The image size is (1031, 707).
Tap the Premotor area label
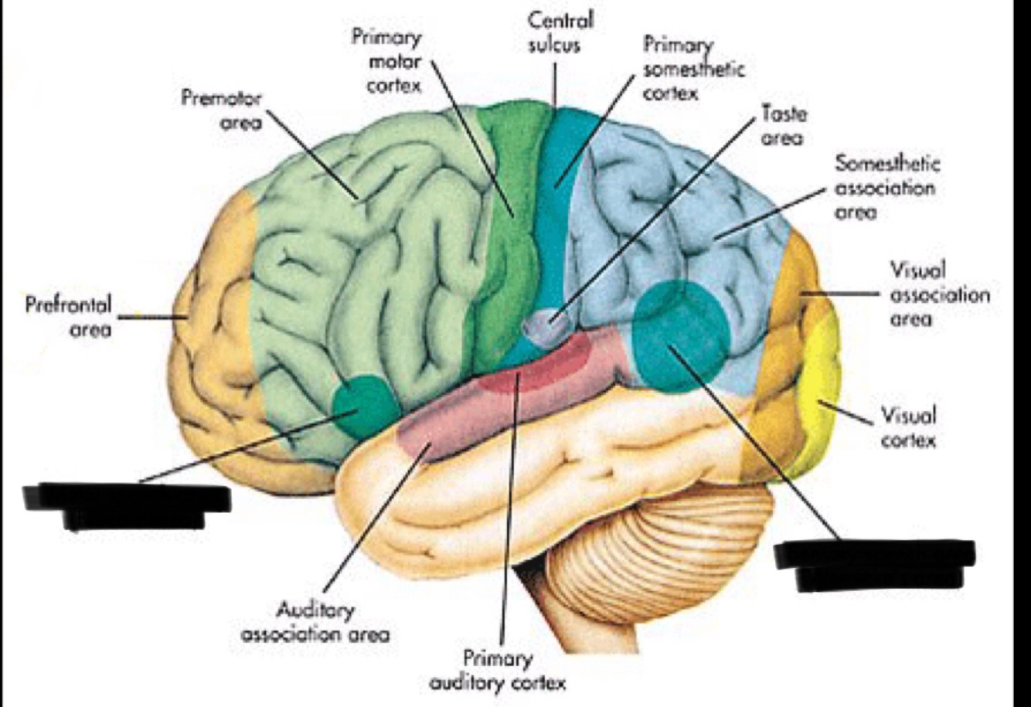coord(223,110)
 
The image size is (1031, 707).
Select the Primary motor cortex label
coord(386,60)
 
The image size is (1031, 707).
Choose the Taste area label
coord(783,126)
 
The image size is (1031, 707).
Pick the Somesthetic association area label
coord(886,187)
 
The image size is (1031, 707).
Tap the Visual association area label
coord(939,294)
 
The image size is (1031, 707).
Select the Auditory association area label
coord(315,622)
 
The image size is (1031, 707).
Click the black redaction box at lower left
coord(128,504)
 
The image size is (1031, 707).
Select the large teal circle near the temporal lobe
coord(680,334)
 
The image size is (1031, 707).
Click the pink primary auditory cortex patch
coord(533,371)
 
